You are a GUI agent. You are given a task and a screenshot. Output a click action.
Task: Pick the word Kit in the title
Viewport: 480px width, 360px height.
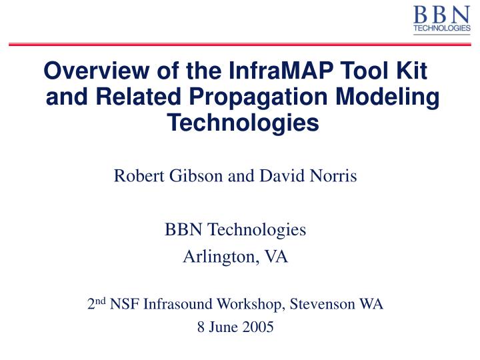coord(409,71)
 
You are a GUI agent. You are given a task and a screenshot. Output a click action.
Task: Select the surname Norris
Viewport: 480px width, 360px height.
coord(337,177)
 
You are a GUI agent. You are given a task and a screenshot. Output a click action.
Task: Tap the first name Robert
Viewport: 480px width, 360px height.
coord(135,177)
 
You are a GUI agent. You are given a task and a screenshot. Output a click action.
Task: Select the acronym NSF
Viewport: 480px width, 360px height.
coord(122,305)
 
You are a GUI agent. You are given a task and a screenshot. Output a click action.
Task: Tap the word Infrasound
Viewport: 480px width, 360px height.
coord(172,305)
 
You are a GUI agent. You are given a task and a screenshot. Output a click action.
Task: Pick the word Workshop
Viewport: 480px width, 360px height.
coord(250,305)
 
